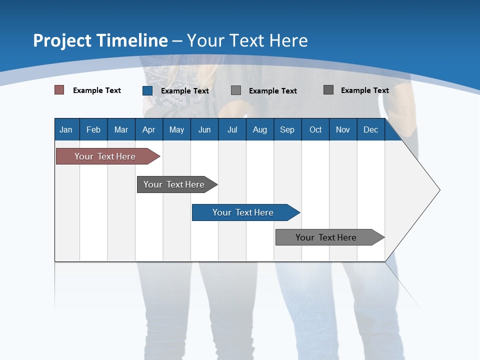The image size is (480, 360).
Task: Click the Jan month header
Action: (x=66, y=129)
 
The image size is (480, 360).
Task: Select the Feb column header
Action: (x=93, y=129)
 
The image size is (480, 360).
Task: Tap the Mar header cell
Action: (x=121, y=129)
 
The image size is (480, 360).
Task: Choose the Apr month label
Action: (x=149, y=129)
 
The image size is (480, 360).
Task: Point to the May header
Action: (x=176, y=129)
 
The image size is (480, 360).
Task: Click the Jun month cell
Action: (x=204, y=129)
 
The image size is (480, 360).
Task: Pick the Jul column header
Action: (x=232, y=129)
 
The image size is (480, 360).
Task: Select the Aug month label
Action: (x=260, y=129)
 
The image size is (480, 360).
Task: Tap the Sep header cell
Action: (x=287, y=129)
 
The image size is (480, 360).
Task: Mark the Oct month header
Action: (x=315, y=129)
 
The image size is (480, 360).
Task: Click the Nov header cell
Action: (x=343, y=129)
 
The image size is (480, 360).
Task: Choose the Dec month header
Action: (x=371, y=129)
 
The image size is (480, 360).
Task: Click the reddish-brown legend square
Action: (x=59, y=90)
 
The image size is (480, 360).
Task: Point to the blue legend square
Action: (x=147, y=90)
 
